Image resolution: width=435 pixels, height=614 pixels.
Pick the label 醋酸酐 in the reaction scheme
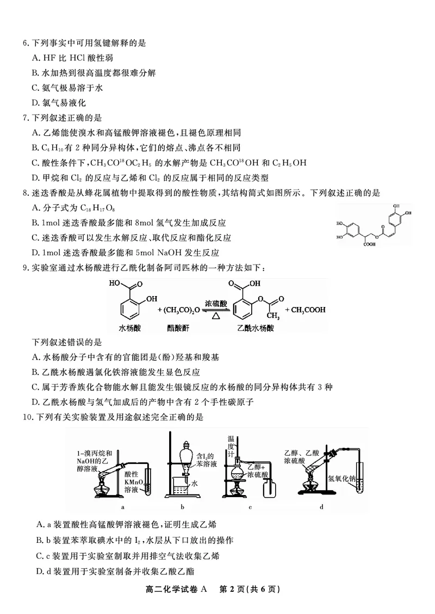coord(179,328)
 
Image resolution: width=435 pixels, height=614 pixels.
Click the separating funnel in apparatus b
coord(186,454)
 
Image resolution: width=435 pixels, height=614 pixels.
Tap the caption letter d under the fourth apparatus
coord(321,508)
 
